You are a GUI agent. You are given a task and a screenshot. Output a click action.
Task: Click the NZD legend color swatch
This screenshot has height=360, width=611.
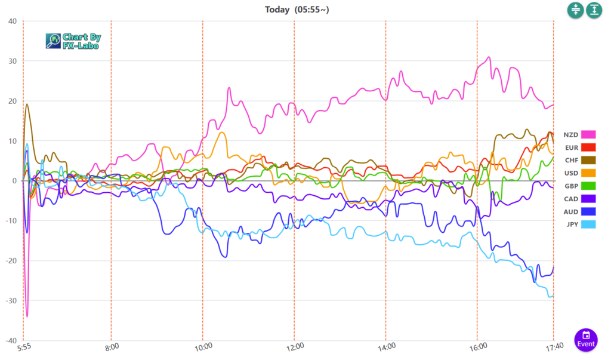click(589, 134)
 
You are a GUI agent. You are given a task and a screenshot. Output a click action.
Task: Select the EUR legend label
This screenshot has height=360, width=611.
click(572, 147)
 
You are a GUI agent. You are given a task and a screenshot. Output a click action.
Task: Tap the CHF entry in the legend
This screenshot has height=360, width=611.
click(572, 160)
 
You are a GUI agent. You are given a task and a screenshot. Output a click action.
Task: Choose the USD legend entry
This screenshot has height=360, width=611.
click(572, 173)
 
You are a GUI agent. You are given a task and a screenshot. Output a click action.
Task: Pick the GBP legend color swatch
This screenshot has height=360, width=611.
click(589, 186)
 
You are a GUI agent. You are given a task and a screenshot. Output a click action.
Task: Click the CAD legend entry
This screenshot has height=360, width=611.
click(572, 199)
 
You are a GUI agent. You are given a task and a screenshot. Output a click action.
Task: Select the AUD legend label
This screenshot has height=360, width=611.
click(572, 211)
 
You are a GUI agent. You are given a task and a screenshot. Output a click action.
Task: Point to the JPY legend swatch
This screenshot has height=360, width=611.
click(589, 224)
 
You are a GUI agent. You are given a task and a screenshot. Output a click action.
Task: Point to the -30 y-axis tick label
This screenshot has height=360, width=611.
click(11, 300)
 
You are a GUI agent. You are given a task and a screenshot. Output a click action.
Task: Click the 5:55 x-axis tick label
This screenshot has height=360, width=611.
click(24, 346)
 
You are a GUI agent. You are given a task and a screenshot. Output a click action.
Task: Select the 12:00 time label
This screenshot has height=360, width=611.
click(295, 346)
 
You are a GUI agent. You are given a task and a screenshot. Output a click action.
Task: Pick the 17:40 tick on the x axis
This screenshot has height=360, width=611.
click(553, 346)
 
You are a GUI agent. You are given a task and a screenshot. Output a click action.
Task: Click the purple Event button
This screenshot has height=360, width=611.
click(586, 339)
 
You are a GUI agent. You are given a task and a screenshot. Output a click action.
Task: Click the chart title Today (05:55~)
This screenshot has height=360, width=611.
click(297, 10)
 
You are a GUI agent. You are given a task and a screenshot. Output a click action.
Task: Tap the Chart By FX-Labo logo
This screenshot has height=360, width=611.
click(73, 41)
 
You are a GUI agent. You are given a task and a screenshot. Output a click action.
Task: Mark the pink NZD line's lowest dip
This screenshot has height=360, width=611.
click(27, 316)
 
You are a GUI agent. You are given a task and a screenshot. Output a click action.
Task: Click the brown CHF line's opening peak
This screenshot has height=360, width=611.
click(27, 104)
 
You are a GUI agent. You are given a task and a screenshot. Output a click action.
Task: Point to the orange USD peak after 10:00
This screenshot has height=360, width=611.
click(222, 133)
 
